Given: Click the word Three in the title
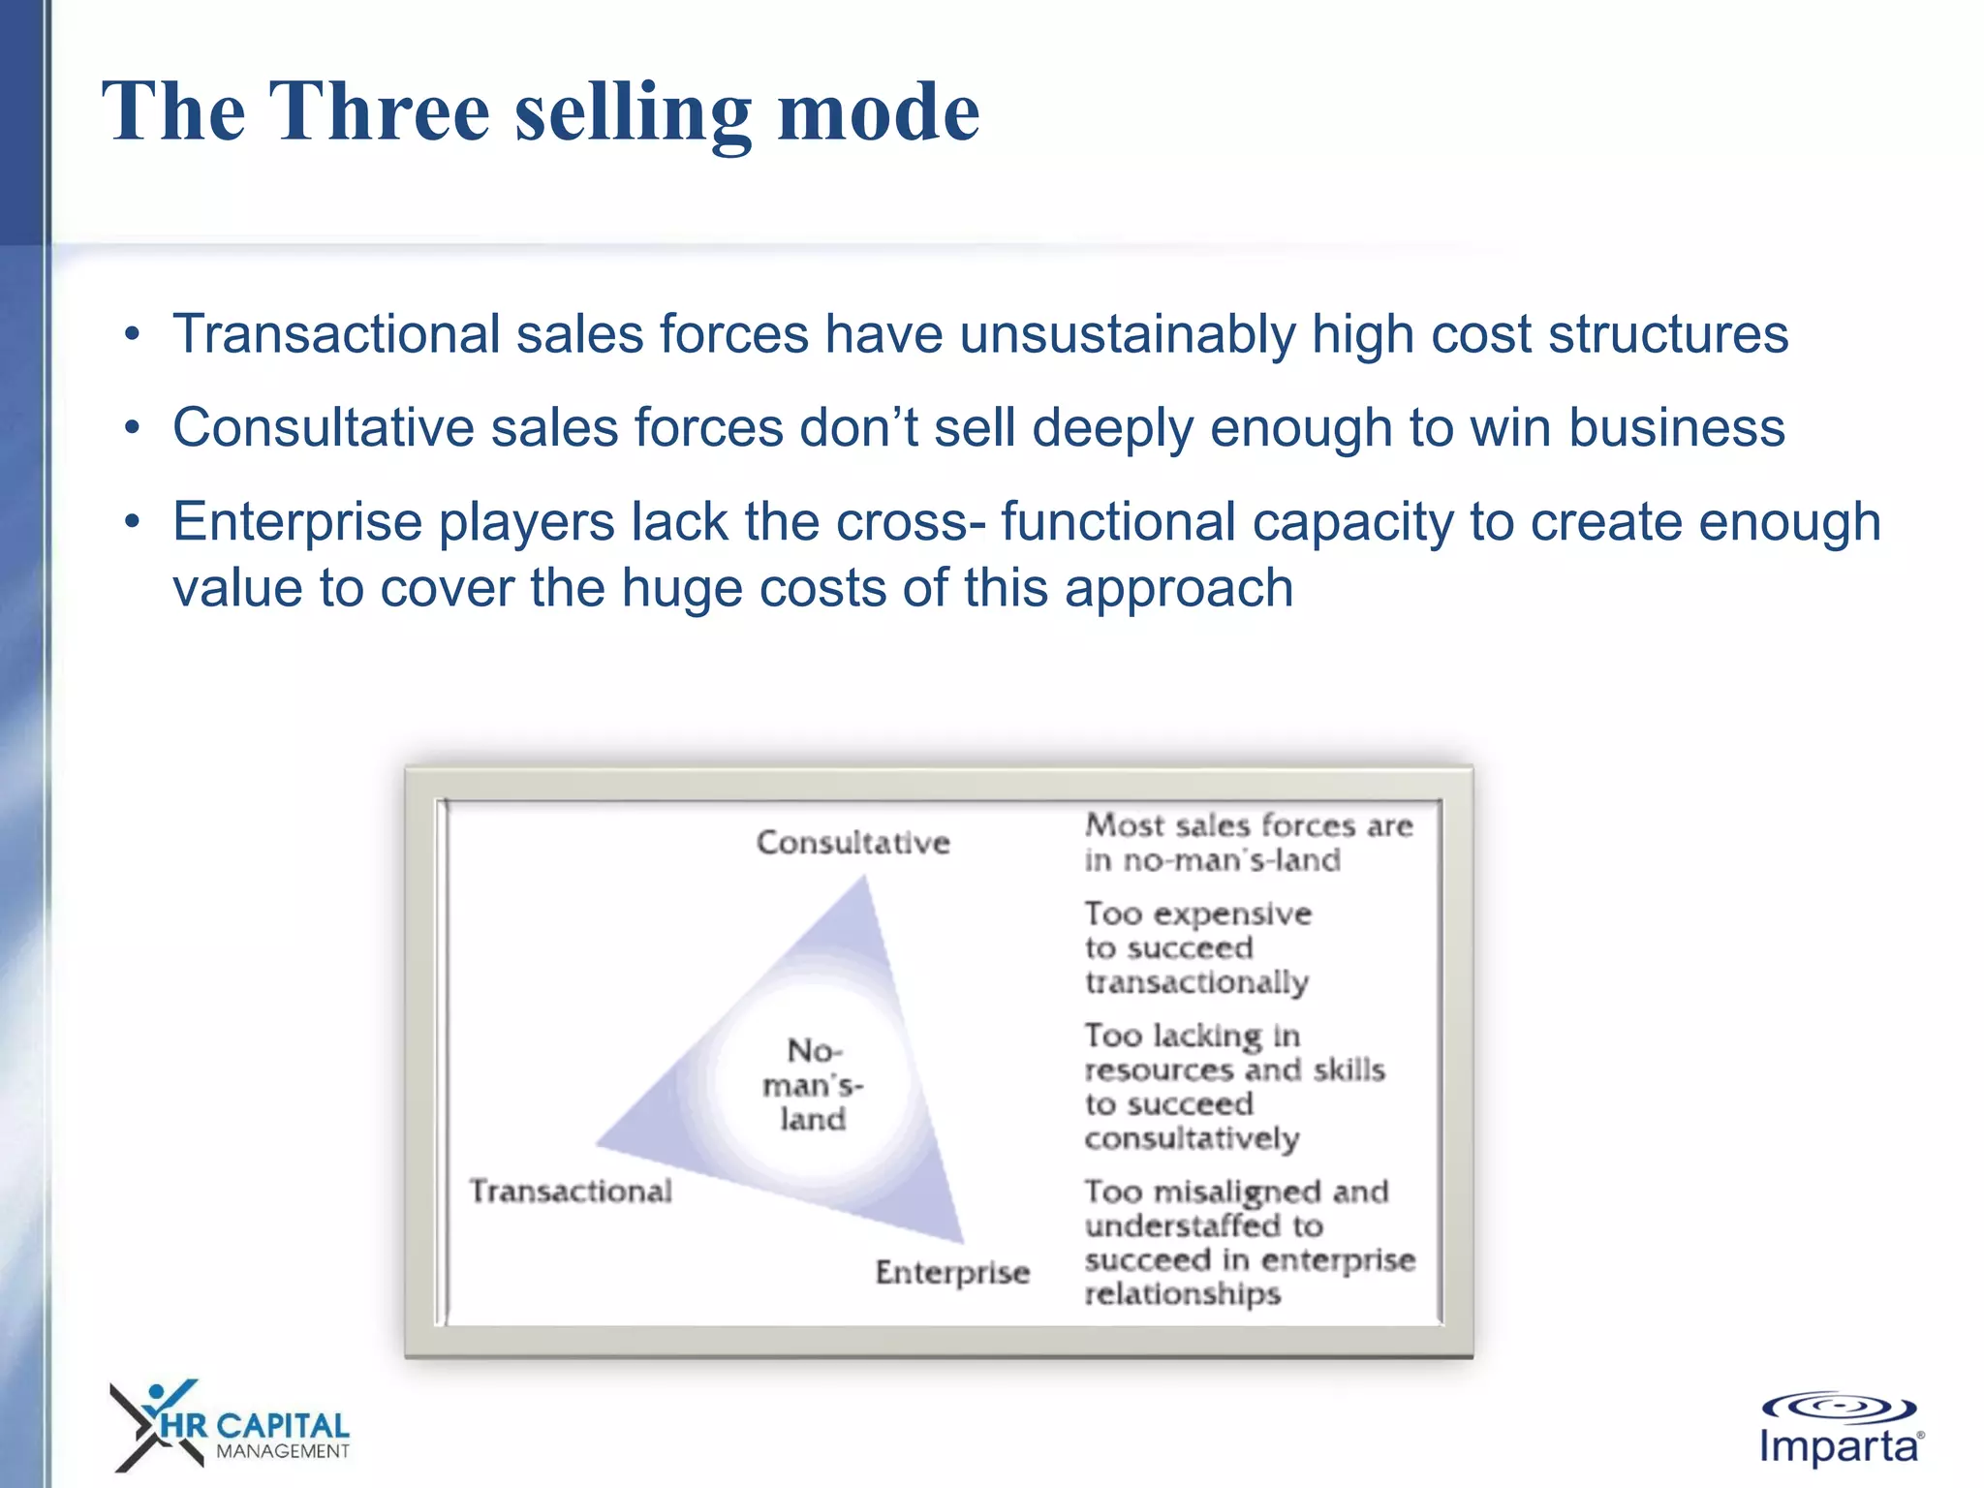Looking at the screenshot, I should (x=379, y=112).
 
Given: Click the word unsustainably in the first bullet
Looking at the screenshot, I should (x=1127, y=335).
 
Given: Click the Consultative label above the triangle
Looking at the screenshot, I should (x=852, y=843).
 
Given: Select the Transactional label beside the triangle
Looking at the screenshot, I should (x=571, y=1191).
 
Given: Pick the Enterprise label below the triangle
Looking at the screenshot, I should (x=952, y=1272).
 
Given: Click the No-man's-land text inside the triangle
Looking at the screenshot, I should (x=813, y=1085).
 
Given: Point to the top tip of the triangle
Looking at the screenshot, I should (x=863, y=880).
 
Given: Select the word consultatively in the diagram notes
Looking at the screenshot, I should (x=1192, y=1139).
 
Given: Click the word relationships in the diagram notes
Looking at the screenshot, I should (x=1183, y=1294).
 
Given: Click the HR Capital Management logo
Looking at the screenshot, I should (x=231, y=1426).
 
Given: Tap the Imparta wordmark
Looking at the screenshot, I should (x=1839, y=1447).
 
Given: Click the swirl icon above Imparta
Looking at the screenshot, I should (x=1838, y=1407).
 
